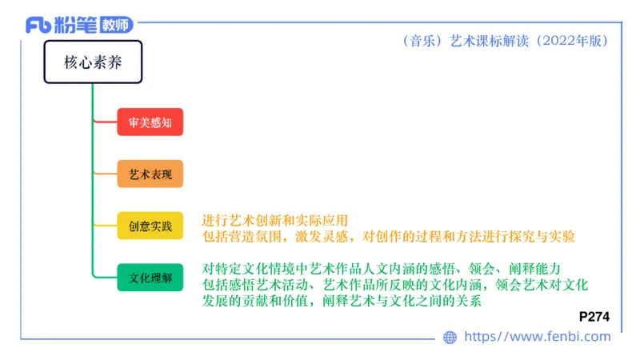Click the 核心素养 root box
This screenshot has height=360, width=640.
coord(93,62)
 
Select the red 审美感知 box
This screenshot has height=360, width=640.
coord(150,122)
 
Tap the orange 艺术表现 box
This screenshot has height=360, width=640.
coord(150,174)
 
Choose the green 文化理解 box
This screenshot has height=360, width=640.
coord(150,278)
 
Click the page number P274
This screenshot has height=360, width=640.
coord(594,317)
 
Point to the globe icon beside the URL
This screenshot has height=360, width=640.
coord(450,338)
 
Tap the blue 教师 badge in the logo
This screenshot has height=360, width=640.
coord(118,25)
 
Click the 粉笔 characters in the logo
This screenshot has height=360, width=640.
coord(77,25)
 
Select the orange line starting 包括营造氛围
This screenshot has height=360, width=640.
coord(389,237)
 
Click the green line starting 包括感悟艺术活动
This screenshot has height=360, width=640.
coord(395,285)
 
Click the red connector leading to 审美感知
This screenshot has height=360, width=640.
coord(106,122)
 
